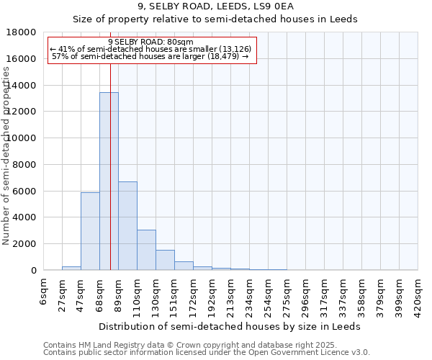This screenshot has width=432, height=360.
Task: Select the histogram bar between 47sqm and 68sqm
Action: click(x=90, y=231)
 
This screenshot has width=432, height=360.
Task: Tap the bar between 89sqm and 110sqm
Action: click(x=127, y=225)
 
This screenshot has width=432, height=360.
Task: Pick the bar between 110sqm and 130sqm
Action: click(x=146, y=250)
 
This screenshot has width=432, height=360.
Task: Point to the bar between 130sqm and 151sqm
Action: click(x=165, y=260)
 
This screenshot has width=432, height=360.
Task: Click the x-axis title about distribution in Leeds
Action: click(x=230, y=326)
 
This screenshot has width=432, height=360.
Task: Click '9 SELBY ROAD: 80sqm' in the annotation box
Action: click(x=150, y=42)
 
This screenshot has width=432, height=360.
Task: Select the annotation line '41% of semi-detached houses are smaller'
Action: click(x=150, y=49)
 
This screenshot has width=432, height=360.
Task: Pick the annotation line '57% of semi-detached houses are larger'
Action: click(x=150, y=56)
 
